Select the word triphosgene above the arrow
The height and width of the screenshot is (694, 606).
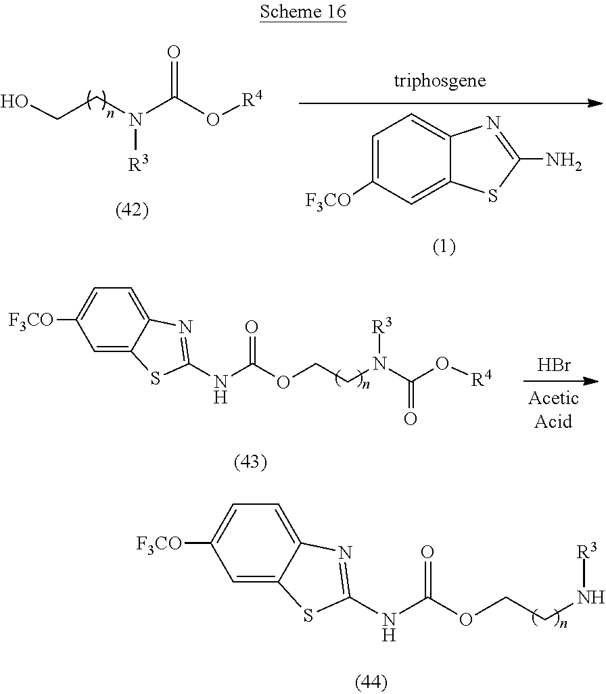coord(440,80)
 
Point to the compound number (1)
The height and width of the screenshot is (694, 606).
coord(444,247)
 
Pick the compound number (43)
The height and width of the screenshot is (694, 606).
coord(250,462)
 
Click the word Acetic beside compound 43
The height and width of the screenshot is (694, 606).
coord(553,399)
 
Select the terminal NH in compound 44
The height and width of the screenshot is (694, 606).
coord(592,597)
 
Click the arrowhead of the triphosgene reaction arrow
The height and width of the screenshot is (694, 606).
coord(596,103)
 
